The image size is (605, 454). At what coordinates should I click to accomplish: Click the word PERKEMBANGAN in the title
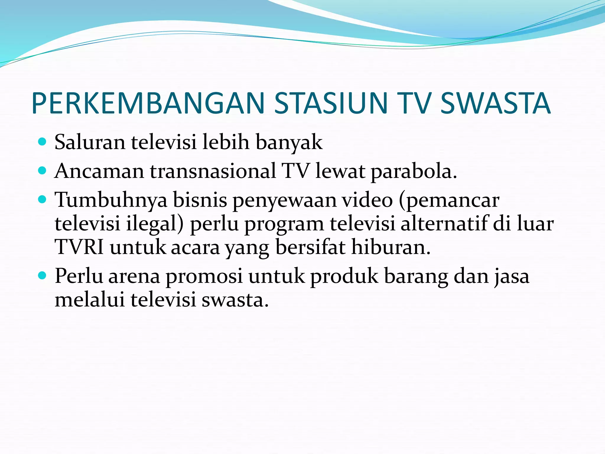pyautogui.click(x=148, y=103)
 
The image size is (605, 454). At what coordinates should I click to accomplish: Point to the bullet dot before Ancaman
pyautogui.click(x=43, y=171)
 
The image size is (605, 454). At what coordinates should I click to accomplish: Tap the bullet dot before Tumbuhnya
pyautogui.click(x=43, y=200)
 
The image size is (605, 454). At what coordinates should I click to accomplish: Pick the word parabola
pyautogui.click(x=414, y=171)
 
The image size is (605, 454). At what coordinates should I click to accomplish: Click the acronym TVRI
pyautogui.click(x=79, y=247)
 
